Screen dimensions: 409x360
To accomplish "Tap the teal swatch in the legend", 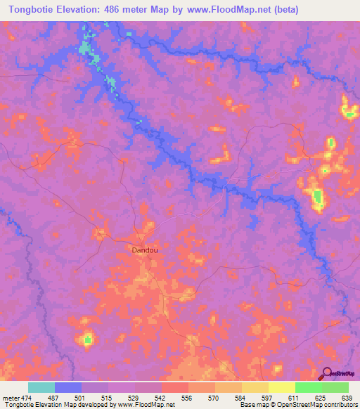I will tap(41, 387).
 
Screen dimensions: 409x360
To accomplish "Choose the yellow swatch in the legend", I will tap(281, 387).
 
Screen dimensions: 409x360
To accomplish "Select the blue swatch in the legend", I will tap(68, 387).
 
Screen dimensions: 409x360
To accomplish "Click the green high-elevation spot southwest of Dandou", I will tap(87, 340).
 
